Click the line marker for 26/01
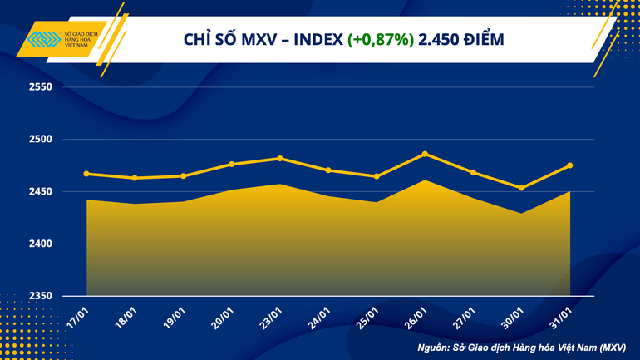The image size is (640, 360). [x=425, y=154]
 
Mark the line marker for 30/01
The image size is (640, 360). [x=522, y=188]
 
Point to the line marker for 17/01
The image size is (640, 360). [x=86, y=174]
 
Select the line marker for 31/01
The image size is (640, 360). [x=570, y=165]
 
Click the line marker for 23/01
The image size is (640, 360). [x=280, y=158]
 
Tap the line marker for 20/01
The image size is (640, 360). [x=232, y=165]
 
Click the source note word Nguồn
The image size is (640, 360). [x=436, y=347]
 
